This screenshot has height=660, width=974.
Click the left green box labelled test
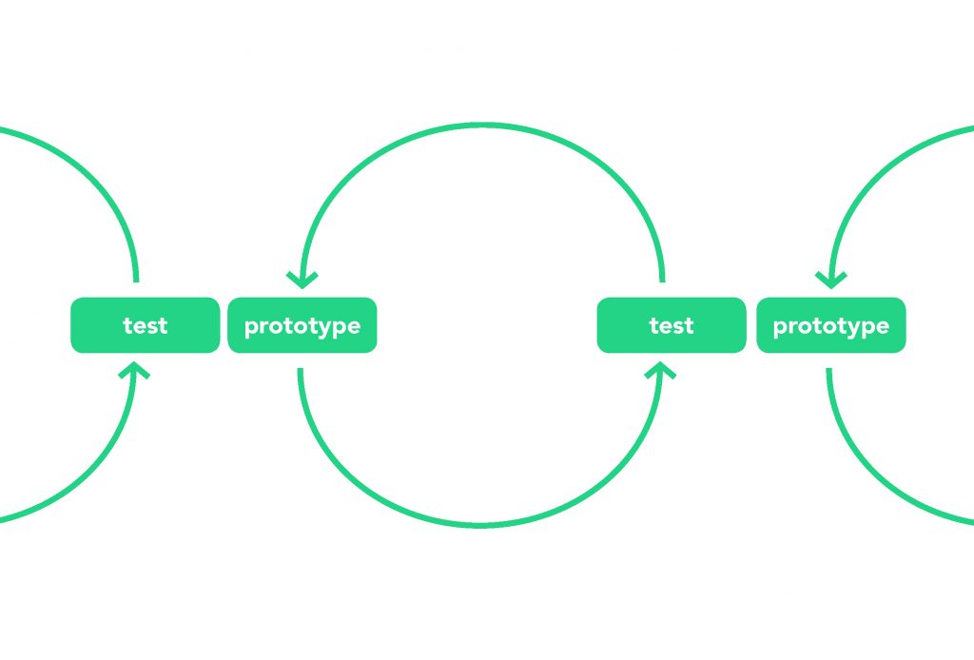point(146,325)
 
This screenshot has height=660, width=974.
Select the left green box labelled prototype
point(302,325)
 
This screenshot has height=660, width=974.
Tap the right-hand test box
point(672,325)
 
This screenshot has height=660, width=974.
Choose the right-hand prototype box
point(831,325)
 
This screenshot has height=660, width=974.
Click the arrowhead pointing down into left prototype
point(302,281)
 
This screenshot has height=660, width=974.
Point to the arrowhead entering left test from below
point(134,371)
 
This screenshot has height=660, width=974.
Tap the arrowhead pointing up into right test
point(660,371)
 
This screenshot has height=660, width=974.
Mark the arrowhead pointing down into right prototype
point(831,281)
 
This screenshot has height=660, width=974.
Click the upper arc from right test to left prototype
point(481,126)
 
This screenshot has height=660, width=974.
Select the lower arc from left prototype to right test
point(480,525)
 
